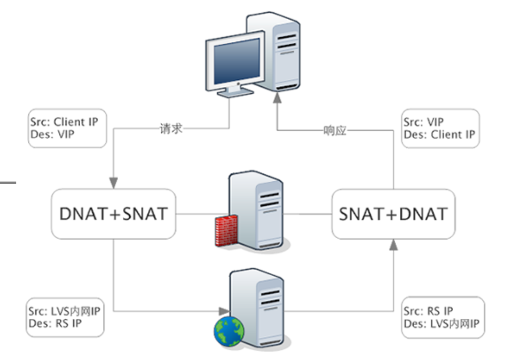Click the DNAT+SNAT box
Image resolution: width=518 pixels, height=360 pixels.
[x=113, y=214]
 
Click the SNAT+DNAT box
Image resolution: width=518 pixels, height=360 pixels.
[x=393, y=214]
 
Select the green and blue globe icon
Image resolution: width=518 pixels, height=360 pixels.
[x=229, y=330]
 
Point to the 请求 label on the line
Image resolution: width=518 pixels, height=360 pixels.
[x=171, y=129]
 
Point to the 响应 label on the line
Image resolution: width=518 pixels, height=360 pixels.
[x=335, y=131]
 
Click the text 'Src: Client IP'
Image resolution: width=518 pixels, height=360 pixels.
[x=64, y=122]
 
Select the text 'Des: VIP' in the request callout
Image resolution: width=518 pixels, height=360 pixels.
[x=52, y=134]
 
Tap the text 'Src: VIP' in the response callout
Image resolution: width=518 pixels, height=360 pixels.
[x=423, y=122]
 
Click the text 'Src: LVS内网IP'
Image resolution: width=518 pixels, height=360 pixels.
[x=65, y=311]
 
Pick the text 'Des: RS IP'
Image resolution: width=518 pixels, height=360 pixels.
[x=55, y=323]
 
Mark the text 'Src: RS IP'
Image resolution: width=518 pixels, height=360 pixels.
[x=428, y=311]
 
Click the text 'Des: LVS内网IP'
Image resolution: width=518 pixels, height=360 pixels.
[x=441, y=324]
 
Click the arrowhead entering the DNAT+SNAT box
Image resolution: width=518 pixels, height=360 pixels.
[x=113, y=182]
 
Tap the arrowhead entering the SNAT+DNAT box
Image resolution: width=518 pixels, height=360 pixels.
[x=393, y=245]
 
